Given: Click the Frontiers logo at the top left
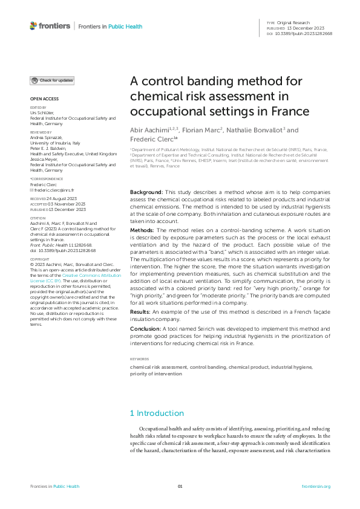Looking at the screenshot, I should point(50,26).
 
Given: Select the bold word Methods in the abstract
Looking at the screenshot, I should point(143,230).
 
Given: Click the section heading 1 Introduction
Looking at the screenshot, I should point(157,413).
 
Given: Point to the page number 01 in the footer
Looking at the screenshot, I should point(180,487).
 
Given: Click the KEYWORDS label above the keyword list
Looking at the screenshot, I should point(139,358).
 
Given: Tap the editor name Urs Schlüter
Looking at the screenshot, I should point(41,112).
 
